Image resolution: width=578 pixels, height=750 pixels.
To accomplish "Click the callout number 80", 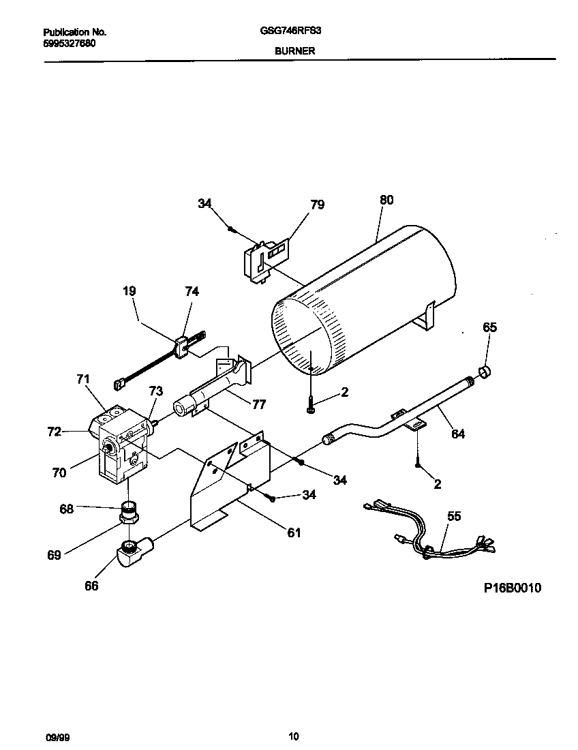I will (x=386, y=200).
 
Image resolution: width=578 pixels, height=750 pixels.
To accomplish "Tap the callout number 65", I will (x=490, y=327).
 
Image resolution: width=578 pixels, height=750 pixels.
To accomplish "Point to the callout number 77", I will (x=258, y=404).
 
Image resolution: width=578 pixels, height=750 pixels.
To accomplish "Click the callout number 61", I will (x=294, y=532).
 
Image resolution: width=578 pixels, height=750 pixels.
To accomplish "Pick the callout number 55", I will (x=454, y=516).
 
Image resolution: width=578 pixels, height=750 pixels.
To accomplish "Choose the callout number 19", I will (x=129, y=291).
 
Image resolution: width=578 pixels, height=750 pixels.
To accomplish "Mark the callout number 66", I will (x=91, y=586).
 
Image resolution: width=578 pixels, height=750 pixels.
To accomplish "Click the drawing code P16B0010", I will (x=513, y=588).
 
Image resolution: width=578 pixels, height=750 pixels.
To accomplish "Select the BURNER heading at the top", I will (x=294, y=50).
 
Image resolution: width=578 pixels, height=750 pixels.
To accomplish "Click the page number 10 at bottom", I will (x=293, y=736).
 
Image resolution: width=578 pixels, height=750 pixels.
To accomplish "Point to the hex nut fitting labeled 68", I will (x=127, y=509).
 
